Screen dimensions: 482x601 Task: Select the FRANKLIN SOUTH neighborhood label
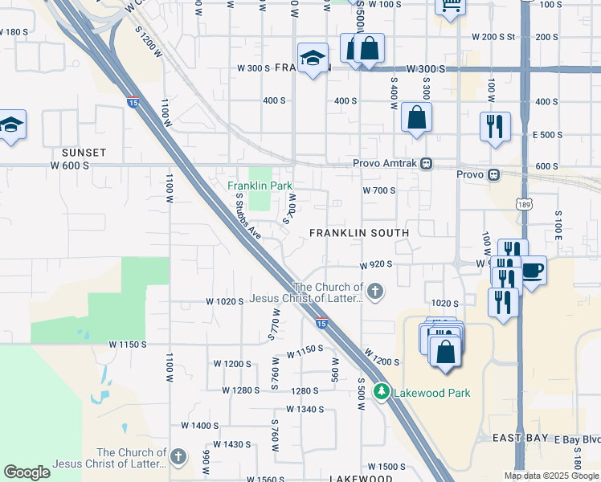360,233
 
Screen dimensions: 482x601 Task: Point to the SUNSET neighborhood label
84,152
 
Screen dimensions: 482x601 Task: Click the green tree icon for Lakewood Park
382,393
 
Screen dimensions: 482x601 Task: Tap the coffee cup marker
533,270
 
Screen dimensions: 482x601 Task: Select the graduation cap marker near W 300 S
313,58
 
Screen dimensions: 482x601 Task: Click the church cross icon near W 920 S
375,289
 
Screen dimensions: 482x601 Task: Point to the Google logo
27,472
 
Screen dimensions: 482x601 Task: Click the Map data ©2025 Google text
552,476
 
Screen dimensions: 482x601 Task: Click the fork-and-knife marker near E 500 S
495,126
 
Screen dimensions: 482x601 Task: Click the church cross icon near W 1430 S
178,457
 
